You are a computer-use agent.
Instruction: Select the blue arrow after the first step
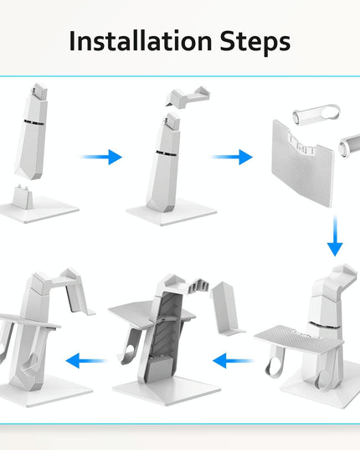(x=102, y=157)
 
